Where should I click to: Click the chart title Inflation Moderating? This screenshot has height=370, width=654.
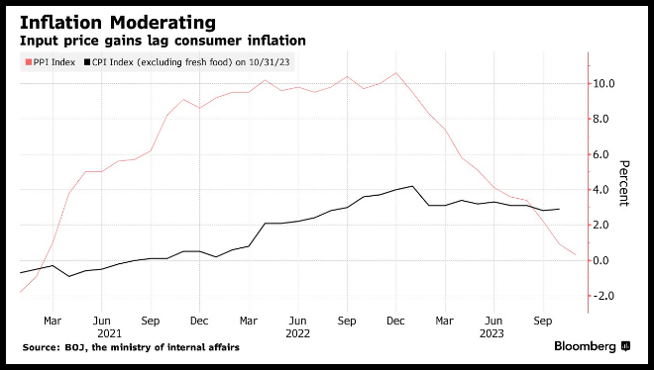click(x=118, y=23)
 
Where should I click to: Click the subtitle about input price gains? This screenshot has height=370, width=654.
click(x=163, y=41)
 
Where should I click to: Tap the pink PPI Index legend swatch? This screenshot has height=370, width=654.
click(x=29, y=62)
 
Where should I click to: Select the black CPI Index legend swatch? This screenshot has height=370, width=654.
click(x=87, y=62)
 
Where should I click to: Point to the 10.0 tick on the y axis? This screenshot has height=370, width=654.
click(x=603, y=84)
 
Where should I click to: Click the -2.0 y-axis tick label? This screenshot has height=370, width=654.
click(x=603, y=296)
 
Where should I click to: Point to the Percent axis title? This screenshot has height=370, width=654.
click(x=624, y=183)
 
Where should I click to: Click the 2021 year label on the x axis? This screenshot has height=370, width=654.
click(x=109, y=333)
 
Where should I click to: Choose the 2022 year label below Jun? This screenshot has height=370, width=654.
click(x=298, y=333)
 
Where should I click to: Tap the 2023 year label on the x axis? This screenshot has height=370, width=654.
click(x=491, y=333)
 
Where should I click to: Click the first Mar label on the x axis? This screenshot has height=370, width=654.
click(x=53, y=321)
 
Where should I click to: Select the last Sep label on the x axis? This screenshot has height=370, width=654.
click(x=543, y=321)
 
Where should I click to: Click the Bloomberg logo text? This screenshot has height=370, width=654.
click(x=585, y=346)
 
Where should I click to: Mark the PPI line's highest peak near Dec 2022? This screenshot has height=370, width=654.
click(x=395, y=73)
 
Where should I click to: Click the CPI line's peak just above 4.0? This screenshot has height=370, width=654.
click(x=412, y=186)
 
